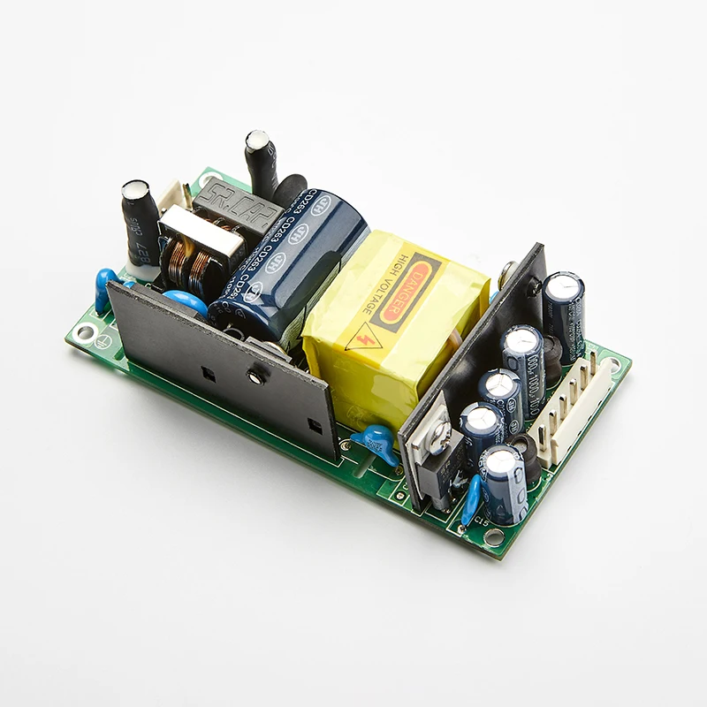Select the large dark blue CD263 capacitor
(x=292, y=256)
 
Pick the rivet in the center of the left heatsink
(x=256, y=377)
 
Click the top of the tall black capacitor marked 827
(x=137, y=190)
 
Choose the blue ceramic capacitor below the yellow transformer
(x=376, y=439)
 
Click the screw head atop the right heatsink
(x=508, y=273)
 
